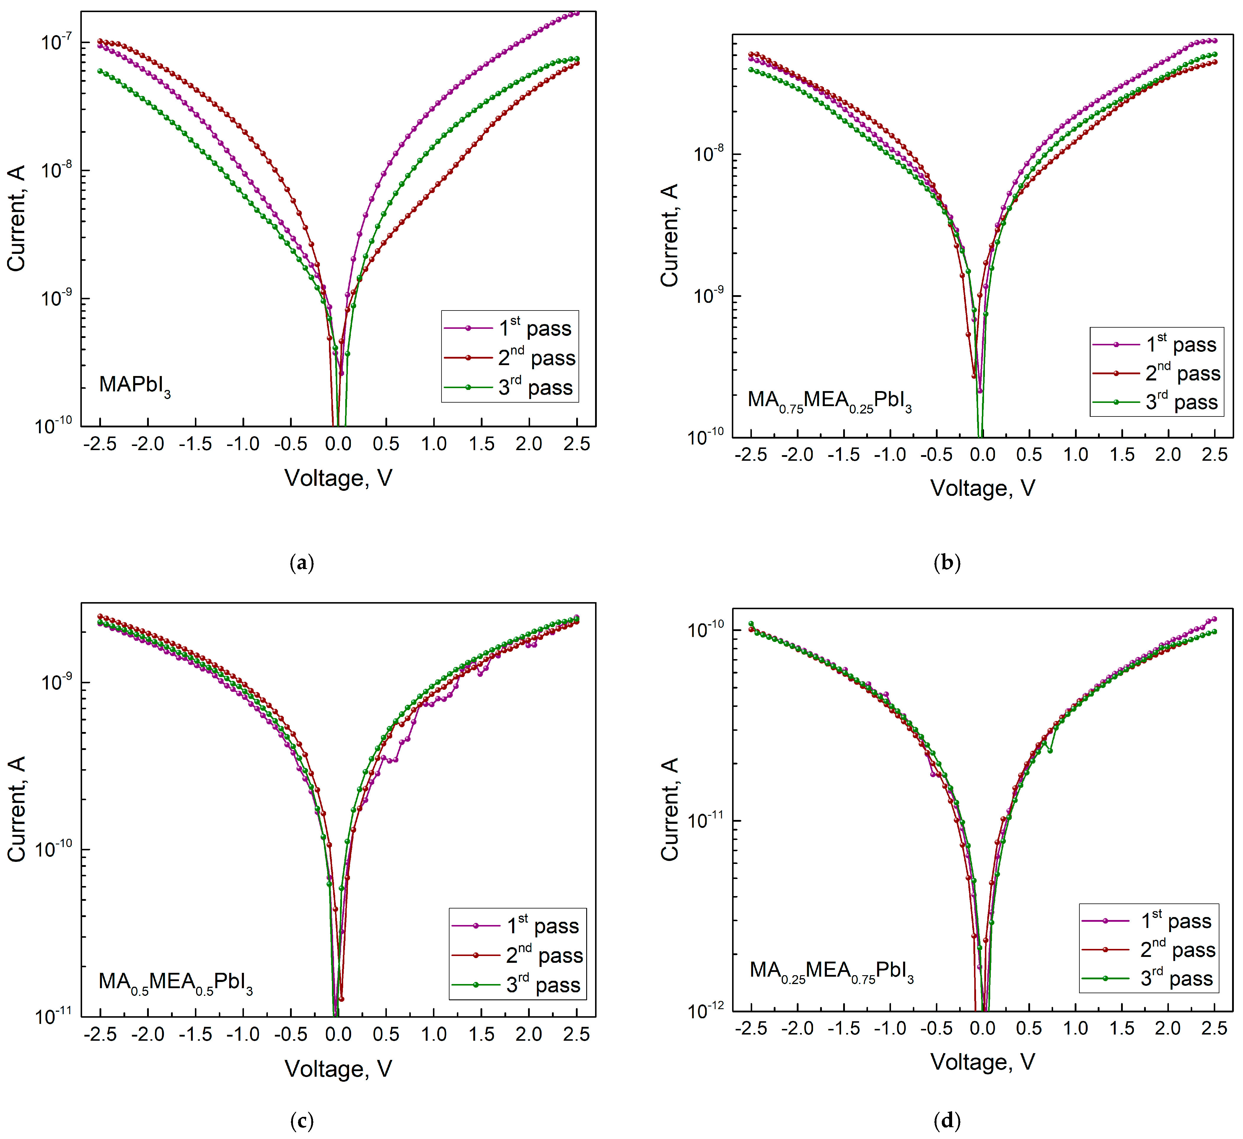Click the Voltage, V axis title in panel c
pos(338,1069)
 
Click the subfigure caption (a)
pos(302,563)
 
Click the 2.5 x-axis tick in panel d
pos(1214,1028)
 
